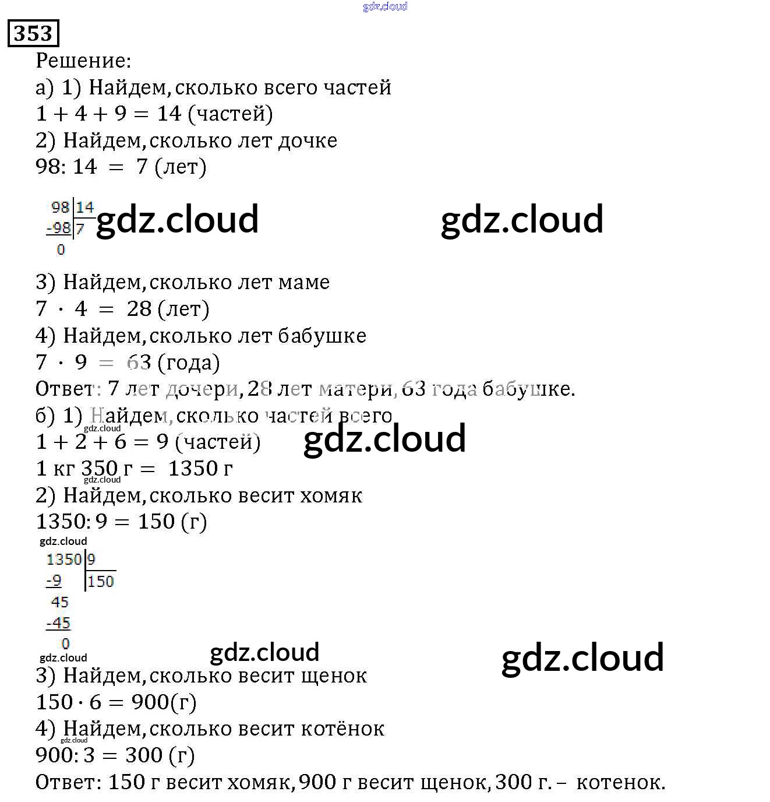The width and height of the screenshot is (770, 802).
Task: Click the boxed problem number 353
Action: tap(33, 33)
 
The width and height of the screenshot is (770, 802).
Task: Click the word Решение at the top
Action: tap(83, 61)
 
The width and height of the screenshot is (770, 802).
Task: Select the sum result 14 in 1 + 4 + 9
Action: tap(169, 114)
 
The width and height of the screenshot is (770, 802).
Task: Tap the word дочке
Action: tap(307, 140)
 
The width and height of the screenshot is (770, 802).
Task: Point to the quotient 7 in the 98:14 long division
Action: tap(80, 229)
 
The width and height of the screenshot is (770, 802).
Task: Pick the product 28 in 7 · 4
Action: tap(139, 309)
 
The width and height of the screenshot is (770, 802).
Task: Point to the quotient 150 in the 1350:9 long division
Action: tap(101, 581)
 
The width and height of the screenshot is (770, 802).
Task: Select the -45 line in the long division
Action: tap(58, 623)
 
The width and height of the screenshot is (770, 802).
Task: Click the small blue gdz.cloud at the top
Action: tap(385, 6)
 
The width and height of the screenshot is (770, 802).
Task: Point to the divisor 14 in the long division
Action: tap(85, 207)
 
